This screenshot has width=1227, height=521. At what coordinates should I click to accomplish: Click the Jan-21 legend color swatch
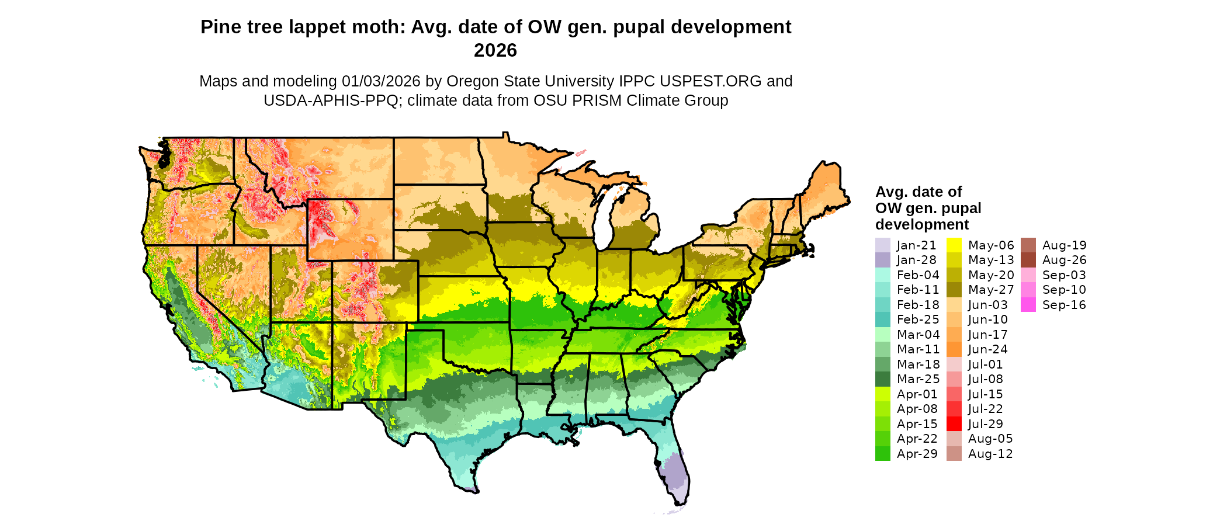pyautogui.click(x=882, y=245)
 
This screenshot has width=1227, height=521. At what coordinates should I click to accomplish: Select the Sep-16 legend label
pyautogui.click(x=1064, y=305)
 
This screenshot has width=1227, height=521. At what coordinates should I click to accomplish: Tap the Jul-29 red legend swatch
pyautogui.click(x=954, y=424)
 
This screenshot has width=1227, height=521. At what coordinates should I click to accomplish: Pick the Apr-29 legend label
pyautogui.click(x=917, y=454)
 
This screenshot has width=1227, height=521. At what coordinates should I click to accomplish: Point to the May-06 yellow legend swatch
pyautogui.click(x=954, y=245)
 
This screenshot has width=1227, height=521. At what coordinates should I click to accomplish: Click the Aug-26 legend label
pyautogui.click(x=1064, y=260)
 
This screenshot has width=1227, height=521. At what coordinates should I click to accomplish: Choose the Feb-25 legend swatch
pyautogui.click(x=882, y=319)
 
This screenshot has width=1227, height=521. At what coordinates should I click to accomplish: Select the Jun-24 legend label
pyautogui.click(x=987, y=349)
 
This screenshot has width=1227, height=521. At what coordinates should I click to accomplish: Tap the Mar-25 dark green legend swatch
pyautogui.click(x=882, y=379)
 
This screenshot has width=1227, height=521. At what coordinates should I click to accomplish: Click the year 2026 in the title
pyautogui.click(x=495, y=50)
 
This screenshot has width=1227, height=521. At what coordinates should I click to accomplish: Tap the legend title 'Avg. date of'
pyautogui.click(x=918, y=192)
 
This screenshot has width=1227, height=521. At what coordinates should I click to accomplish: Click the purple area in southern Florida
pyautogui.click(x=675, y=476)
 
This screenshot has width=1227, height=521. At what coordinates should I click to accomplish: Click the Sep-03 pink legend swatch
pyautogui.click(x=1028, y=275)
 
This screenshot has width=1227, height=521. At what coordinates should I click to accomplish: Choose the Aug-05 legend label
pyautogui.click(x=990, y=439)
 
